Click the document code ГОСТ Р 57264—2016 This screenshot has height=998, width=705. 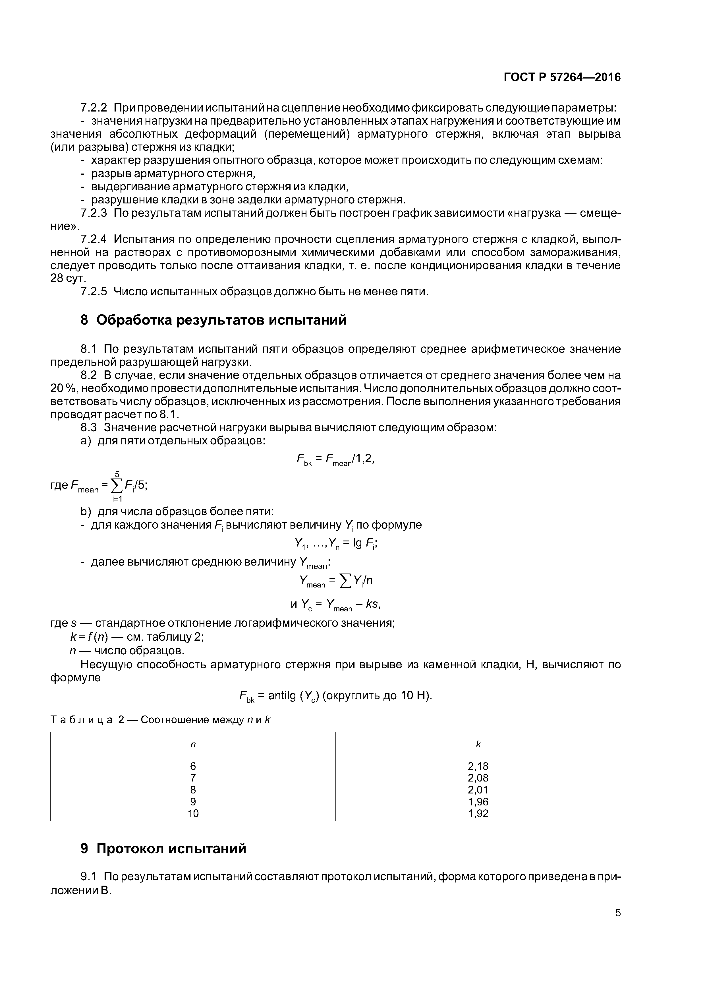pos(562,77)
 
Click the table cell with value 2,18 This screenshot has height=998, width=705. pos(478,766)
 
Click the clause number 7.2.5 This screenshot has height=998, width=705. pos(94,292)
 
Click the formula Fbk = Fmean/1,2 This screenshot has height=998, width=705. pos(335,459)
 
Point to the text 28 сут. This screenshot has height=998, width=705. pos(68,279)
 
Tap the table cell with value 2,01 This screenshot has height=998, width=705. pos(478,790)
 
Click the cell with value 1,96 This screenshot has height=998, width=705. pos(478,801)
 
